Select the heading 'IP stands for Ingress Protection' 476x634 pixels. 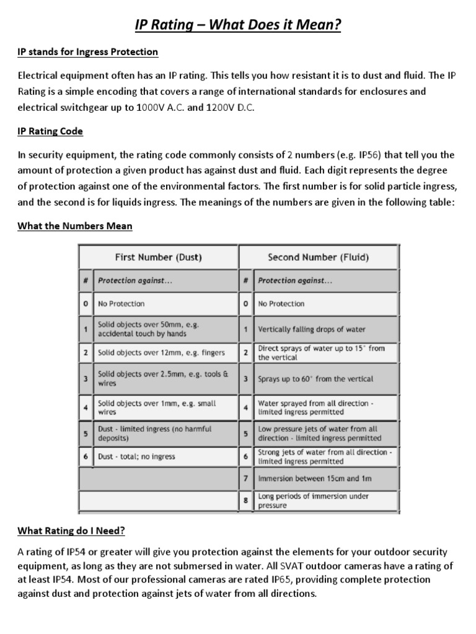(x=87, y=52)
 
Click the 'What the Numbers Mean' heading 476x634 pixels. (x=74, y=226)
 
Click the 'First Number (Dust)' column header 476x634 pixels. (x=158, y=257)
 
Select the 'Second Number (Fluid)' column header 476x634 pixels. (x=319, y=257)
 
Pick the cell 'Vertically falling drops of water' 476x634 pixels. (x=312, y=329)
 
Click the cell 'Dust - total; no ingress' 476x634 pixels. (x=137, y=456)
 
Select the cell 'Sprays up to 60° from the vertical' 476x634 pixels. (x=315, y=379)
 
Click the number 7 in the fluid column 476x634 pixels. (x=246, y=479)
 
